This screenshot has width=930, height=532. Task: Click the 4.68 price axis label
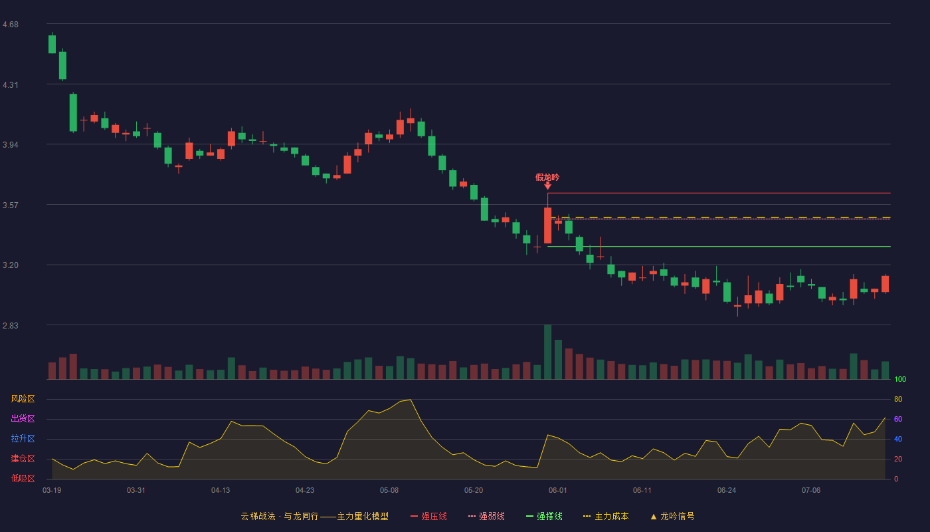11,25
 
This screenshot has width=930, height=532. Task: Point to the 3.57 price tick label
11,205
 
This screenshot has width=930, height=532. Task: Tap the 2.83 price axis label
11,325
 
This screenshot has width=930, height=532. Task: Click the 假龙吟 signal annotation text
547,178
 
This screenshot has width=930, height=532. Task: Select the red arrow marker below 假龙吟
547,186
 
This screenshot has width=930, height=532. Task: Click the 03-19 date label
52,491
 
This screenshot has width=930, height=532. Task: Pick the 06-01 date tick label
557,491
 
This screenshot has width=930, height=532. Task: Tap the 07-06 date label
811,491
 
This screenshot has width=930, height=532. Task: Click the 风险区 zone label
23,399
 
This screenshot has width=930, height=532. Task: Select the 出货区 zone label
23,418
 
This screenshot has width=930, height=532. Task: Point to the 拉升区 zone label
23,438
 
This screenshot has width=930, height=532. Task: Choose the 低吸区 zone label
23,478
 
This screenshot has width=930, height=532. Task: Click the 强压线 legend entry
428,516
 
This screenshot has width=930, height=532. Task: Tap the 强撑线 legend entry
544,516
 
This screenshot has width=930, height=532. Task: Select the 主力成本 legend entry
606,516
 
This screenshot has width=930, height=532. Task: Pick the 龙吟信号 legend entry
672,516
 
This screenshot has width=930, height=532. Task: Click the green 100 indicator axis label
900,379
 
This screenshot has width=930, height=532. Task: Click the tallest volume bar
547,352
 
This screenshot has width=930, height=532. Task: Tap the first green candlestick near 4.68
52,44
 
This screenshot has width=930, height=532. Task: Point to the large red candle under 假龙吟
547,225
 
